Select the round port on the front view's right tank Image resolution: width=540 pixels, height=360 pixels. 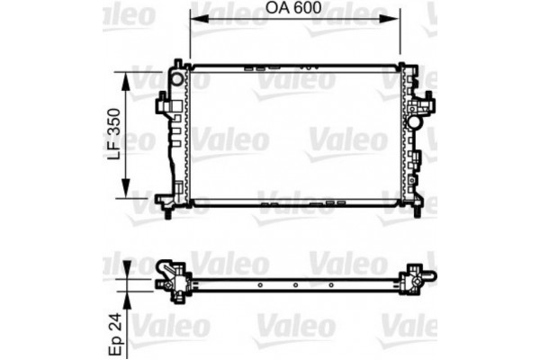416,120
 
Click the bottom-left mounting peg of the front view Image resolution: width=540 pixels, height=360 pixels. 168,213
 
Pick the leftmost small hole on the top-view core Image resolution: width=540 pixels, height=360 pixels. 260,286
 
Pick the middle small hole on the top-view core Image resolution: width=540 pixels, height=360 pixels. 296,286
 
